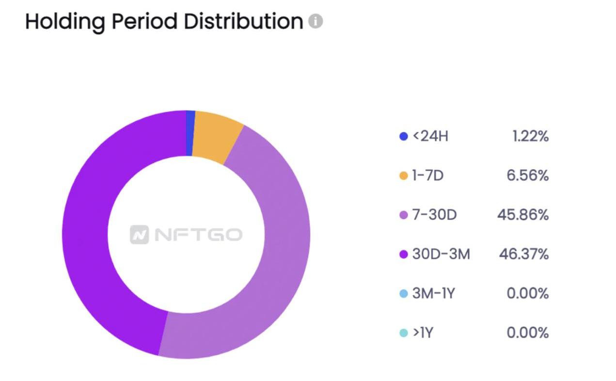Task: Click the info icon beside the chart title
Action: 316,21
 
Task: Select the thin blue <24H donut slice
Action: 190,133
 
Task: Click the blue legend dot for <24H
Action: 403,137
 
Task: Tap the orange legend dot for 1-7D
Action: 403,176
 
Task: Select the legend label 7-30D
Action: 434,215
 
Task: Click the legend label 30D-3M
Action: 441,254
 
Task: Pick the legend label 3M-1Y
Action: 433,293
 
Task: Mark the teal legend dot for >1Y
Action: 403,333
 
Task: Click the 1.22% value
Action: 530,137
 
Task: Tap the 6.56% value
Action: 527,176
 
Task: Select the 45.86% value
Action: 523,215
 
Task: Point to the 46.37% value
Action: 523,254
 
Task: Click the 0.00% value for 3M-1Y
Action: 527,293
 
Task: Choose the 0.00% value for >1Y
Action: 527,333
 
